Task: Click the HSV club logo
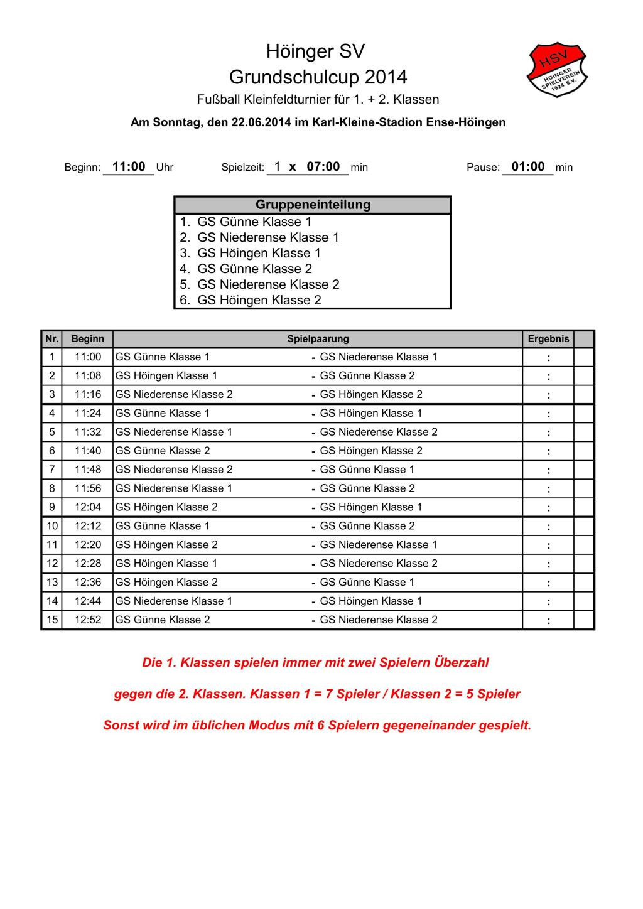[x=558, y=70]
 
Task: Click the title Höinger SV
[x=315, y=51]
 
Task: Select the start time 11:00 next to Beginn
[x=129, y=167]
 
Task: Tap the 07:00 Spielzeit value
[x=323, y=167]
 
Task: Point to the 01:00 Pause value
[x=528, y=167]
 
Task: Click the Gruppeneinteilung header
[x=313, y=205]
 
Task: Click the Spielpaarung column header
[x=318, y=339]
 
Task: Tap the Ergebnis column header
[x=548, y=339]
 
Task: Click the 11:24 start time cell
[x=88, y=413]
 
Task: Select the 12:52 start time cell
[x=88, y=620]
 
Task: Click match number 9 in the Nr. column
[x=51, y=507]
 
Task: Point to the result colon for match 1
[x=548, y=358]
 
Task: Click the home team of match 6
[x=163, y=451]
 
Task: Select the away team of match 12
[x=379, y=563]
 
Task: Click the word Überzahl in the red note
[x=461, y=663]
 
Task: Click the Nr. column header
[x=51, y=339]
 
